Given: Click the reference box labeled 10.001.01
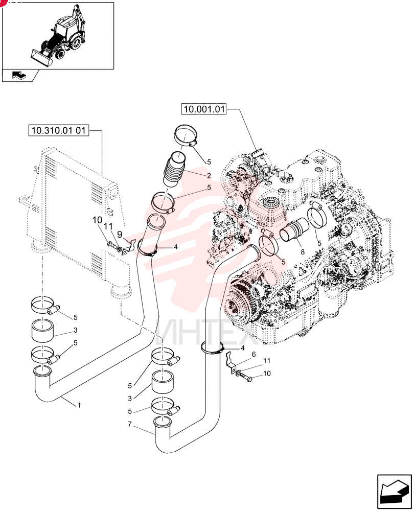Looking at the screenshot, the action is pyautogui.click(x=204, y=109).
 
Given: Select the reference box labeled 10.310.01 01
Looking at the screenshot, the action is pyautogui.click(x=58, y=130).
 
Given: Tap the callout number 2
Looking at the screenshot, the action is pyautogui.click(x=209, y=175).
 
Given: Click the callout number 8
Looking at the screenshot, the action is pyautogui.click(x=303, y=251).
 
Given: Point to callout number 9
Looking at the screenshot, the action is pyautogui.click(x=120, y=234).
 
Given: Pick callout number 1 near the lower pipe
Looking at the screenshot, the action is pyautogui.click(x=79, y=405).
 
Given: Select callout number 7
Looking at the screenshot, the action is pyautogui.click(x=130, y=424).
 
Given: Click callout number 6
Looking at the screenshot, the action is pyautogui.click(x=253, y=354).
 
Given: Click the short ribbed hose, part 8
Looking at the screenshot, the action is pyautogui.click(x=291, y=231).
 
